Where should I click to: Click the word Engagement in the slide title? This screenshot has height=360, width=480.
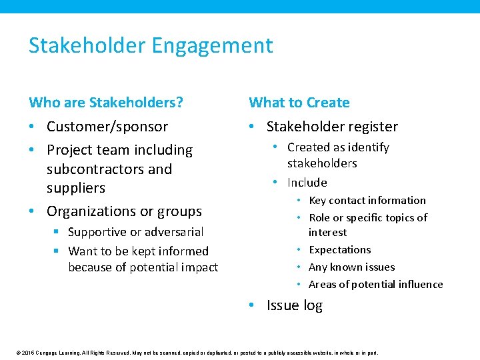coord(212,46)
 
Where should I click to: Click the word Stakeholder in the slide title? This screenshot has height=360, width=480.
coord(87,46)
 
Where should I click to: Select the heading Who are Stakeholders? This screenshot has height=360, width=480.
coord(106,103)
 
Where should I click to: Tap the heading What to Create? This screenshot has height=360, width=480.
coord(299,103)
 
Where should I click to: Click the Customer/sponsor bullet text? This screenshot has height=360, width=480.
coord(107,127)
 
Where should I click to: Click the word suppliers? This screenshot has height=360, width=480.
coord(76,188)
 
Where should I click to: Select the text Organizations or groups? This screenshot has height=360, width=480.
coord(124,211)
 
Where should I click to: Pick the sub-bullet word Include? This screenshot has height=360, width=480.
coord(307,183)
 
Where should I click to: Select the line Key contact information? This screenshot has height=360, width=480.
coord(367,201)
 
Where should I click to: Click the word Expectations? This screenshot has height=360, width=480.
coord(339,250)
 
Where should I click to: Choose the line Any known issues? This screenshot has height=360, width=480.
coord(351,267)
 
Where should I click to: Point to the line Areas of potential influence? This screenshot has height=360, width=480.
coord(375,285)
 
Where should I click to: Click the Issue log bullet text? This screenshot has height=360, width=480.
coord(294,306)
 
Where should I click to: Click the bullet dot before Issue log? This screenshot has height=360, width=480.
coord(251,306)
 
